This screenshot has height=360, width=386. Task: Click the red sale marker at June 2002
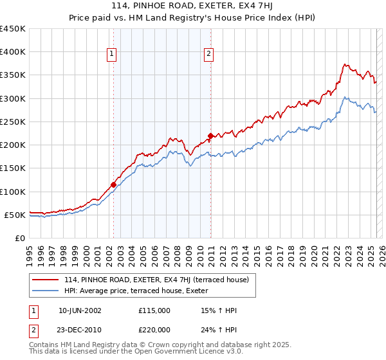click(114, 184)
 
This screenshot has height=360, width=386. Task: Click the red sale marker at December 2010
click(210, 136)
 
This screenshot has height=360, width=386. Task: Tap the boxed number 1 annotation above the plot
click(113, 55)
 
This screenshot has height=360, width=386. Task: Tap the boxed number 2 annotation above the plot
click(210, 55)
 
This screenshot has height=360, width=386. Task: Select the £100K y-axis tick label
click(13, 192)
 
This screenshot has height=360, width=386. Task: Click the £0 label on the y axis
click(19, 238)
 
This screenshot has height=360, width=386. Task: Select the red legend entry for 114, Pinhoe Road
click(160, 278)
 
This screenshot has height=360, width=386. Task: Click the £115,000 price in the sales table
click(154, 311)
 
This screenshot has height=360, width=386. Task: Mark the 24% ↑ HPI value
click(219, 329)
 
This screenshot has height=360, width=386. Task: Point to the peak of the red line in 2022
click(345, 64)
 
